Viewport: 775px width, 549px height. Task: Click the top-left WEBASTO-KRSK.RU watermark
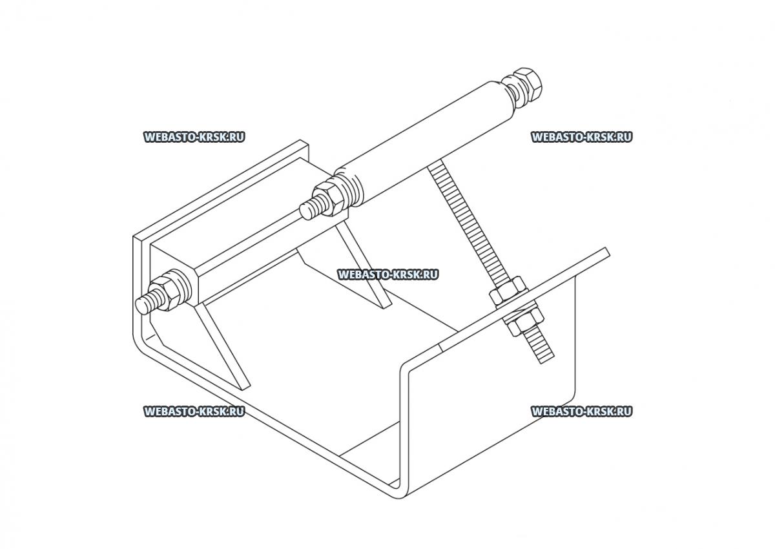tap(194, 137)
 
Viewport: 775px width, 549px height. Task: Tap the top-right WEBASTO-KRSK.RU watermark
tap(581, 137)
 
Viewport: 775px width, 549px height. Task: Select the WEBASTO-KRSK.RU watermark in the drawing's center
tap(387, 274)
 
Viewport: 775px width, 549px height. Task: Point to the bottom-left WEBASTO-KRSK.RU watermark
tap(194, 411)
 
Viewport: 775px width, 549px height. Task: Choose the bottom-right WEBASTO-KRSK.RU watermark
tap(581, 411)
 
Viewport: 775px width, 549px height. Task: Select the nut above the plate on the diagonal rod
tap(507, 291)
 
